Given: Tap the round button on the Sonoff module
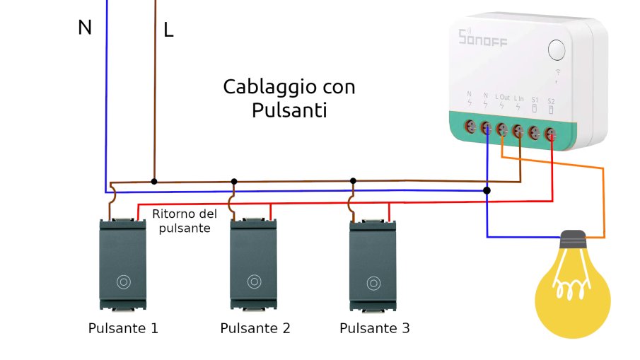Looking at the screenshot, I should click(x=557, y=50).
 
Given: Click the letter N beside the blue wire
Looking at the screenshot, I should click(x=85, y=28).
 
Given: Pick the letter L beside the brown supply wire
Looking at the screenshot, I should click(x=168, y=30).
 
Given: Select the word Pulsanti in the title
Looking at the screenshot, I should click(x=289, y=110).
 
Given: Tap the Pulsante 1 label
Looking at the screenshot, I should click(x=123, y=329).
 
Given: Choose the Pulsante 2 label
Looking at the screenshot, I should click(x=255, y=329).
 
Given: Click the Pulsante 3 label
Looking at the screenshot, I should click(x=374, y=329).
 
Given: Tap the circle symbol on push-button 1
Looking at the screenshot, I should click(x=124, y=281).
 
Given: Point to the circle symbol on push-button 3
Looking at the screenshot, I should click(x=373, y=281).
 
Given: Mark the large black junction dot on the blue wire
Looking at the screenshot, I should click(x=487, y=190).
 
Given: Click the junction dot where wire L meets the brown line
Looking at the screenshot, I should click(x=154, y=181).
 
